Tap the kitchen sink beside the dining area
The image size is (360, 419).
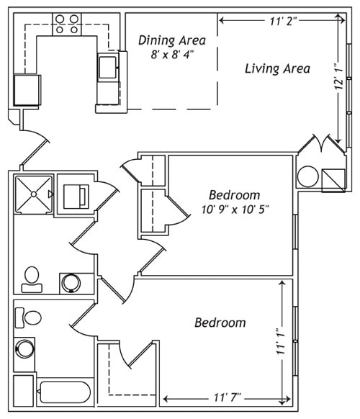tap(107, 68)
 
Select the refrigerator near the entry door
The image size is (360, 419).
tap(27, 89)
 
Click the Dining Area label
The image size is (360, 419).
tap(171, 40)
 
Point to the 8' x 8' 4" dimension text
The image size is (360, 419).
tap(171, 55)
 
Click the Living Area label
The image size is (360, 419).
tap(277, 69)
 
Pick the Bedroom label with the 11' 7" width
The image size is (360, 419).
tap(220, 323)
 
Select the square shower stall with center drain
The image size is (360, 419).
tap(33, 194)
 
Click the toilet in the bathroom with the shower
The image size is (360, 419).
tap(32, 278)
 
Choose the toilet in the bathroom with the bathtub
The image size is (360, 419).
tap(31, 317)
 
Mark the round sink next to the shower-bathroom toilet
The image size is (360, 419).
tap(71, 282)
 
